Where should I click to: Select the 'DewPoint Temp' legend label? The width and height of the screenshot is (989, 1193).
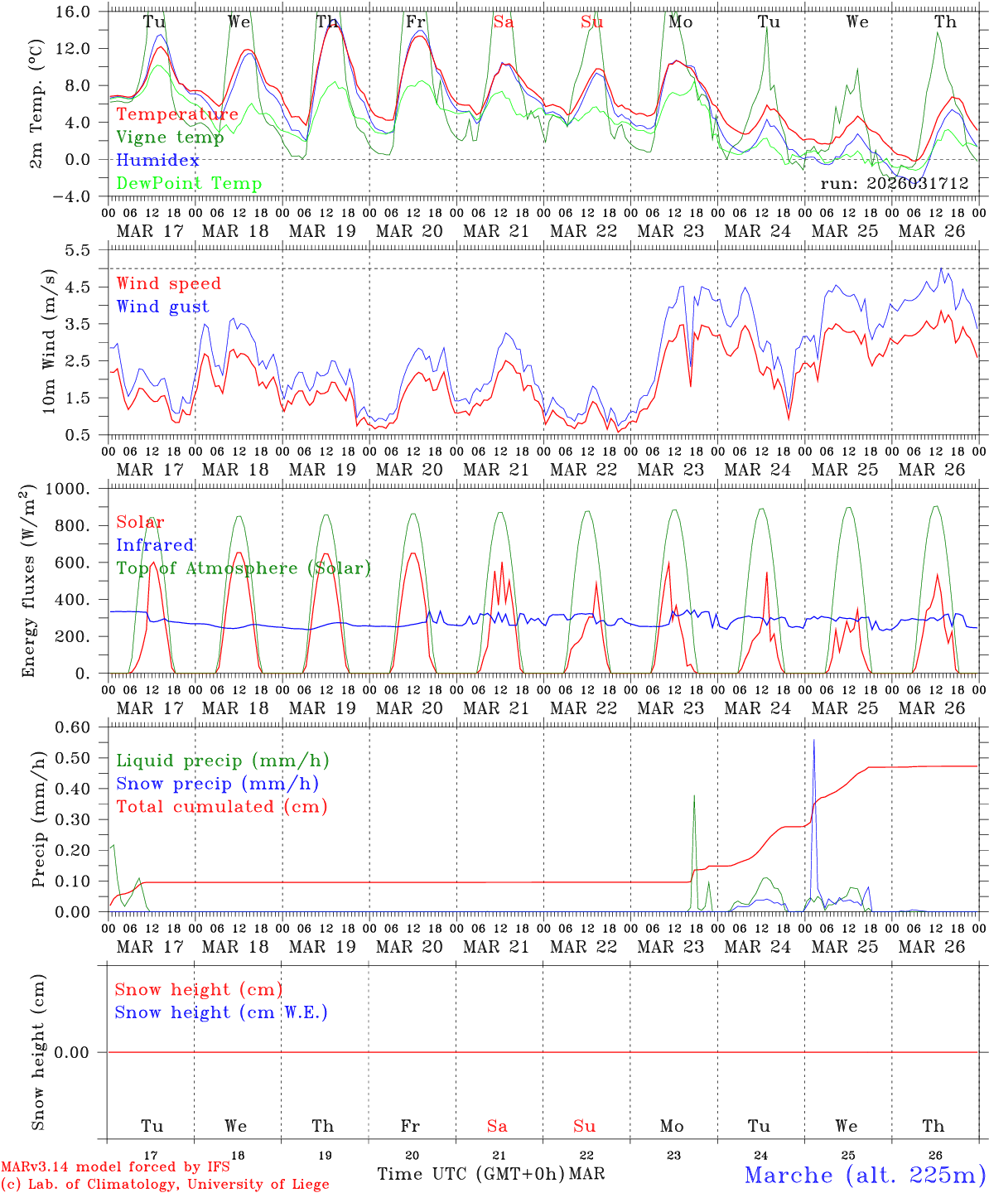(x=189, y=184)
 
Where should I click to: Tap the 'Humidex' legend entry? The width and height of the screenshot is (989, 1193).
(x=158, y=161)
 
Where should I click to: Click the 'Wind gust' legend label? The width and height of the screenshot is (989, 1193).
(x=162, y=307)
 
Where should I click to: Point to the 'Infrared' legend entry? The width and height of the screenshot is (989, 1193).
(x=155, y=545)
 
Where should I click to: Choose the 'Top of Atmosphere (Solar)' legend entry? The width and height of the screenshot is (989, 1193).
(x=244, y=568)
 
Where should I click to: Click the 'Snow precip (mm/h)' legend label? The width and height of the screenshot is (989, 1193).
(x=218, y=784)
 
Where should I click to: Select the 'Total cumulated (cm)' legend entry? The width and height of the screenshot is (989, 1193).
(x=222, y=807)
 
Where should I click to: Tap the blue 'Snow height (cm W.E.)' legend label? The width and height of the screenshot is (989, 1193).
(x=221, y=1012)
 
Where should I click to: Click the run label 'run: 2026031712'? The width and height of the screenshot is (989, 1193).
(x=894, y=184)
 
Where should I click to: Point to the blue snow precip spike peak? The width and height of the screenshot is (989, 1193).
(x=814, y=740)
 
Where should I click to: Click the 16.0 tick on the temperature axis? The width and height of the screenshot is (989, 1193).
(x=76, y=12)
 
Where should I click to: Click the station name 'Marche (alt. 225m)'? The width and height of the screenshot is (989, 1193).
(x=865, y=1175)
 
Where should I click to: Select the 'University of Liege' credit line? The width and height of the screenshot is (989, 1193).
(x=166, y=1185)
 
